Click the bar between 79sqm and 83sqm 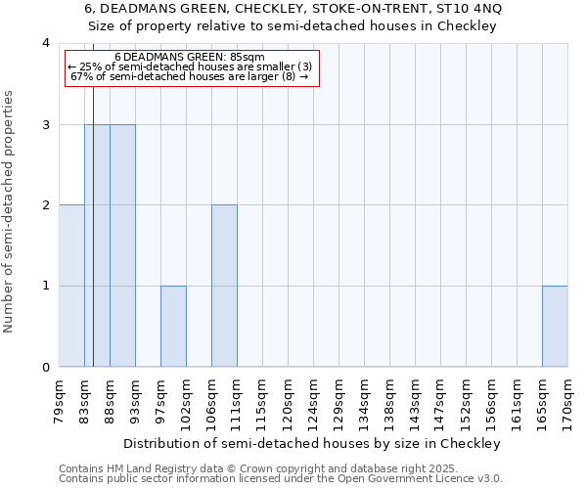click(x=71, y=286)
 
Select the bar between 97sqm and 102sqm click(x=173, y=327)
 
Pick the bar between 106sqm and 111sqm click(x=224, y=286)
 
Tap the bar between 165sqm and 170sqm click(x=555, y=327)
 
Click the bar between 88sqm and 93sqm click(x=122, y=245)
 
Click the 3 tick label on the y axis click(x=46, y=125)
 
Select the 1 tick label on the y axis click(x=46, y=287)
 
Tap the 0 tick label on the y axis click(x=46, y=368)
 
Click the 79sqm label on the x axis click(x=60, y=398)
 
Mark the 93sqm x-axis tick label click(x=136, y=398)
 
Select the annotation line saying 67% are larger click(x=190, y=75)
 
